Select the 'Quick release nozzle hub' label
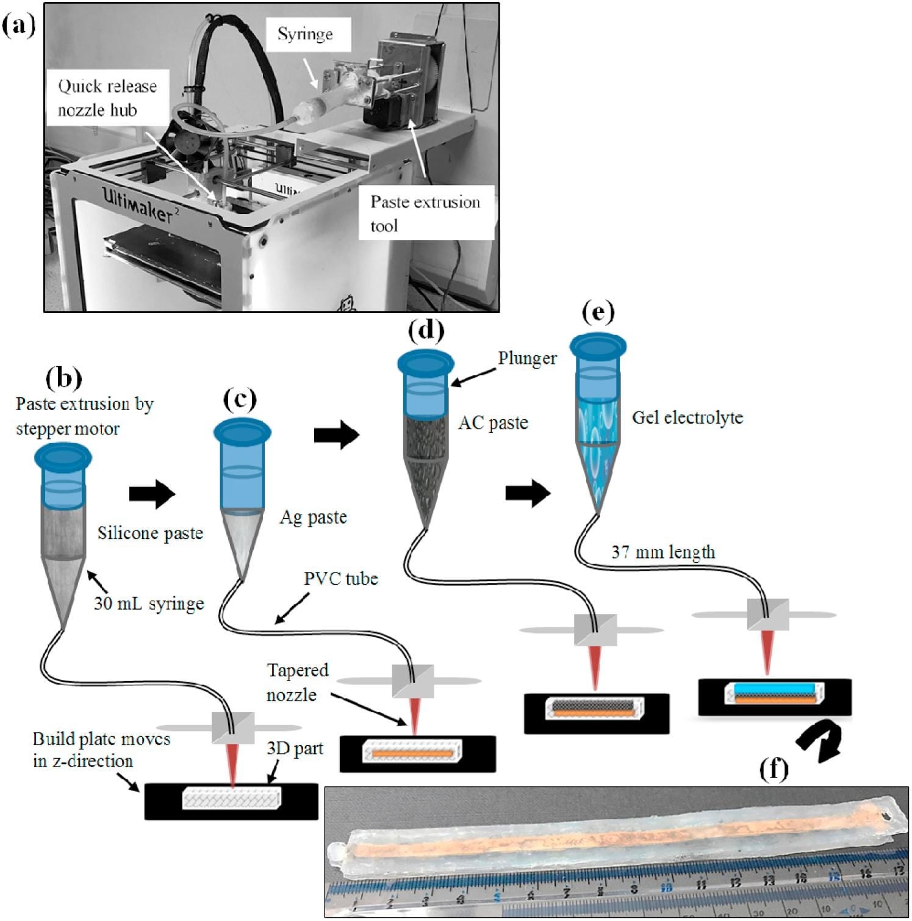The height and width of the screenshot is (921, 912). (x=107, y=98)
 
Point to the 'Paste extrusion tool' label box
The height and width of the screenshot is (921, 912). (x=425, y=214)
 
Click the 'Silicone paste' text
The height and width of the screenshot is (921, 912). (x=150, y=533)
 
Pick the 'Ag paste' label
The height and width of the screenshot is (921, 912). (x=313, y=518)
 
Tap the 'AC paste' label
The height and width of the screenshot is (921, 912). (x=493, y=423)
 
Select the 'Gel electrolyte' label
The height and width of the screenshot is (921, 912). (x=688, y=418)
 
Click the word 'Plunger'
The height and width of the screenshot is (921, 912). (x=527, y=358)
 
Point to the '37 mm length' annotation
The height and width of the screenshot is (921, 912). (x=663, y=553)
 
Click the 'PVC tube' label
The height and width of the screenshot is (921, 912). (x=340, y=579)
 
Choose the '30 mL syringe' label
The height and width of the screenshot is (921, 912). (x=149, y=604)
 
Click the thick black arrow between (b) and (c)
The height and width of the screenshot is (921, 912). (x=152, y=494)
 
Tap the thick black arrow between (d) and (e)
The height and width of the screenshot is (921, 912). (x=528, y=493)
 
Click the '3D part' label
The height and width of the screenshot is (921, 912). (x=295, y=749)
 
